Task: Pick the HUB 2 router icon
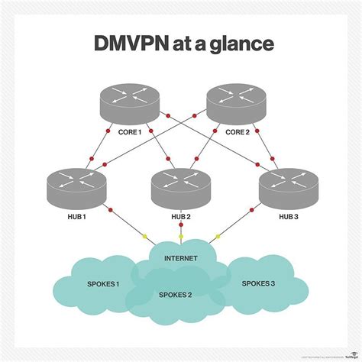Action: pyautogui.click(x=180, y=184)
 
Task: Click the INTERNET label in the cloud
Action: pyautogui.click(x=180, y=257)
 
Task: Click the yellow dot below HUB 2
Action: pyautogui.click(x=181, y=236)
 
